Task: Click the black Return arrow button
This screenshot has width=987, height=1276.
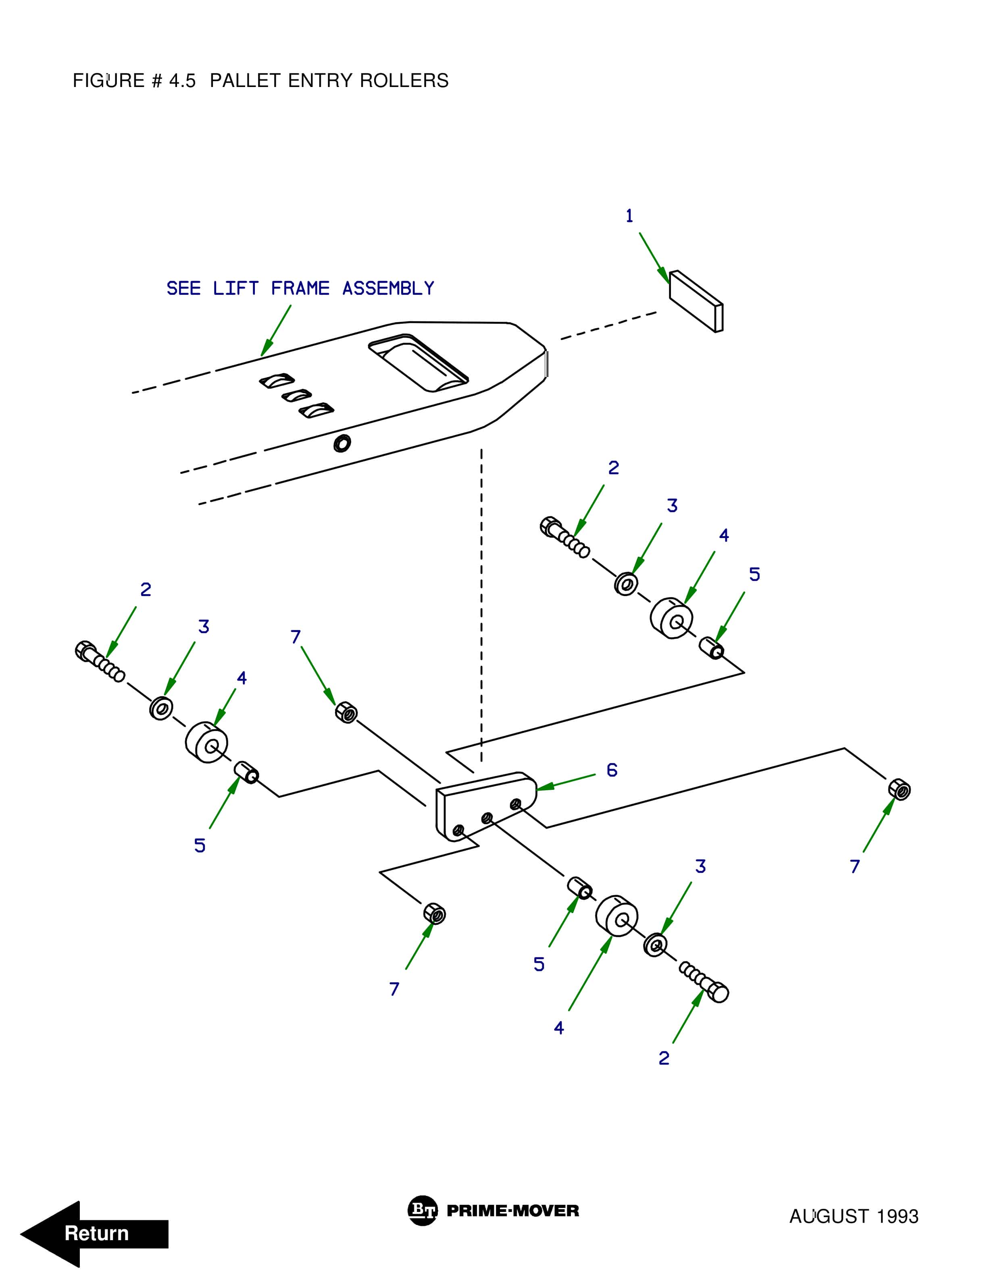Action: point(94,1233)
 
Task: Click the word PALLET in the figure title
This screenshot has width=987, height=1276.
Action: point(245,81)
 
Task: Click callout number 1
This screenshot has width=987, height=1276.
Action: point(629,216)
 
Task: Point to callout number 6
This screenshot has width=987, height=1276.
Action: point(612,770)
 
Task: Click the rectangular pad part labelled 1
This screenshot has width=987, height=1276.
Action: point(696,301)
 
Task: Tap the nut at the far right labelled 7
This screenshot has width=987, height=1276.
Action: point(899,790)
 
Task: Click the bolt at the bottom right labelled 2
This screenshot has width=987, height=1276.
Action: point(705,983)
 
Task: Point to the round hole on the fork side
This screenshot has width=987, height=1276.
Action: point(342,443)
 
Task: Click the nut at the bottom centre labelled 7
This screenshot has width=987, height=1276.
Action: point(434,913)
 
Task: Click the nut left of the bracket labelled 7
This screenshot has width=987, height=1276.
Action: point(346,712)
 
